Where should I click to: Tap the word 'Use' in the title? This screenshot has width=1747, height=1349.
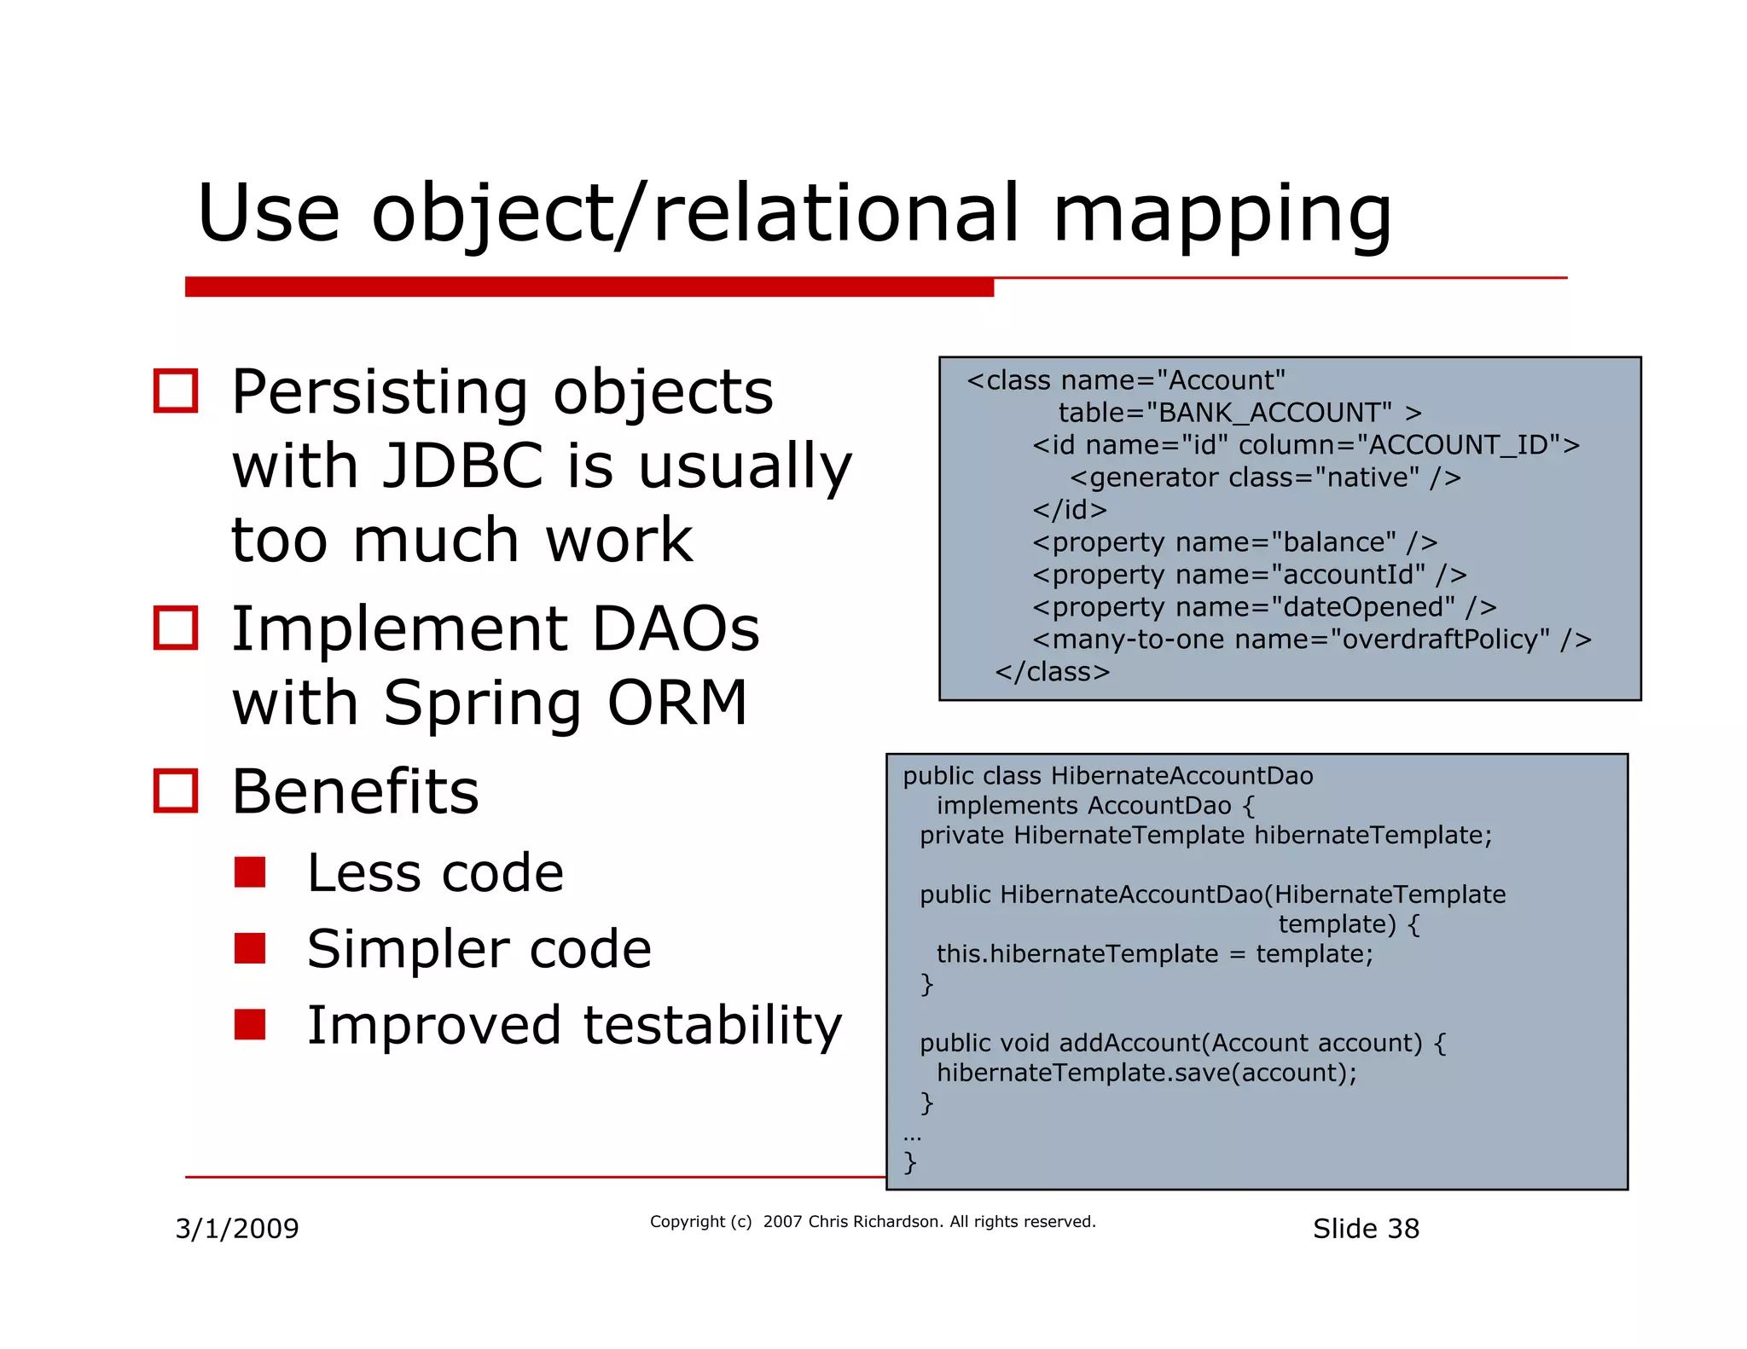pyautogui.click(x=268, y=213)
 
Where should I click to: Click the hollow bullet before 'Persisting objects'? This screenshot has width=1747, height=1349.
pyautogui.click(x=176, y=391)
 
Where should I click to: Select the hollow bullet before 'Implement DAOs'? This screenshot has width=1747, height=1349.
pyautogui.click(x=176, y=628)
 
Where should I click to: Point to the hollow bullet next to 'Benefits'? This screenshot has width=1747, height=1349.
pyautogui.click(x=176, y=791)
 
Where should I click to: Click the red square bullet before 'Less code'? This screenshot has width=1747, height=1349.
pyautogui.click(x=250, y=872)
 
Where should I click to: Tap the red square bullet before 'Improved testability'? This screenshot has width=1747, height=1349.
pyautogui.click(x=250, y=1024)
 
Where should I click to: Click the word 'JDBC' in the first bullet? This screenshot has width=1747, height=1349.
pyautogui.click(x=462, y=466)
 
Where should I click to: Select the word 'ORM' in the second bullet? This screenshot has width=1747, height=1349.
pyautogui.click(x=676, y=703)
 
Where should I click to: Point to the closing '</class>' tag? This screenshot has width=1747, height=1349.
pyautogui.click(x=1052, y=672)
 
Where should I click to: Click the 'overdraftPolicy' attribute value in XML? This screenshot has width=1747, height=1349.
pyautogui.click(x=1439, y=640)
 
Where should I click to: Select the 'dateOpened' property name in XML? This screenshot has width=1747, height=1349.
pyautogui.click(x=1362, y=607)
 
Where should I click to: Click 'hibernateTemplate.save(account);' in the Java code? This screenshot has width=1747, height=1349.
pyautogui.click(x=1146, y=1073)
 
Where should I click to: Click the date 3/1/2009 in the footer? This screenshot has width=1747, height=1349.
pyautogui.click(x=237, y=1229)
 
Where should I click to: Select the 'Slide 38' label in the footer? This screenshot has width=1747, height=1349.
pyautogui.click(x=1365, y=1229)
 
